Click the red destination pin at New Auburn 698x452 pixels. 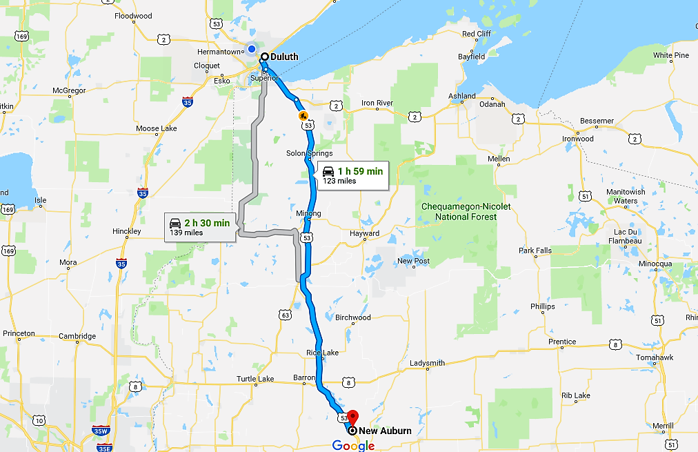tap(352, 417)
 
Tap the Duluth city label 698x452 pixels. tap(285, 57)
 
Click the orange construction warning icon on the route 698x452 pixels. tap(303, 116)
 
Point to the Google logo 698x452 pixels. tap(353, 445)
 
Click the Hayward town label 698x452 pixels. tap(364, 233)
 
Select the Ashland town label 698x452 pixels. tap(461, 96)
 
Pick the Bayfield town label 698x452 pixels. tap(472, 57)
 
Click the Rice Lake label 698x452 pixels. tap(322, 353)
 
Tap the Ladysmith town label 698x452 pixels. tap(427, 363)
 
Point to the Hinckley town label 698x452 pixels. tap(127, 231)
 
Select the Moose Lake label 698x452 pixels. tap(157, 128)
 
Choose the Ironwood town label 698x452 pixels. tap(577, 139)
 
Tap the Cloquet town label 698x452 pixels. tap(206, 66)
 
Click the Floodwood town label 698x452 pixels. tap(133, 16)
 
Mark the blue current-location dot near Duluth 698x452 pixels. tap(252, 49)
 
